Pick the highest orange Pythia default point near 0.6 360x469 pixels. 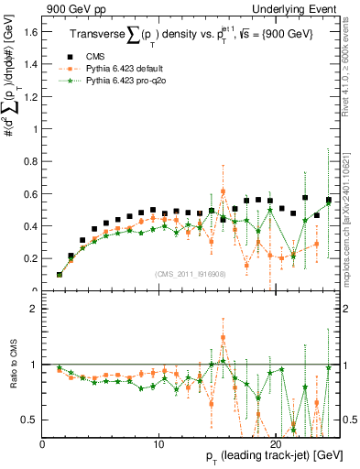pos(223,191)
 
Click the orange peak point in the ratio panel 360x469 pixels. pos(223,337)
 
